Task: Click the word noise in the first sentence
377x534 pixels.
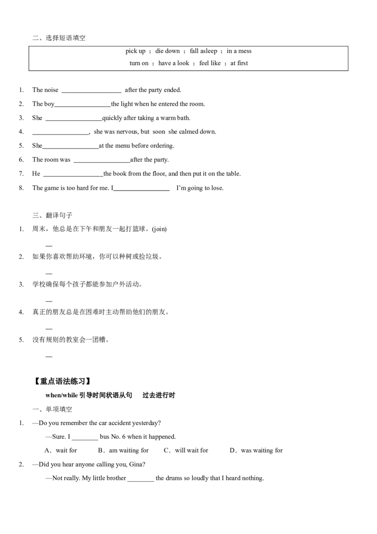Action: coord(51,90)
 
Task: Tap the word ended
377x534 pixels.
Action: coord(172,90)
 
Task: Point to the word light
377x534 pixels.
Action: coord(127,104)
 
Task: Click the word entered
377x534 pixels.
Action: coord(168,104)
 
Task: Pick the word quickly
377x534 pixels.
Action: coord(112,118)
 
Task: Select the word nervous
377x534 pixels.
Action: coord(126,132)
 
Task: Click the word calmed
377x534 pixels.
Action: coord(188,132)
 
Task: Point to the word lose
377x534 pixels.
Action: coord(217,188)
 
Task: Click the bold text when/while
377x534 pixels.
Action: coord(61,395)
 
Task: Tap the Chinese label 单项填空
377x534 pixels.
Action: coord(59,409)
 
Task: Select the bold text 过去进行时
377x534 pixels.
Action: coord(159,395)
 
